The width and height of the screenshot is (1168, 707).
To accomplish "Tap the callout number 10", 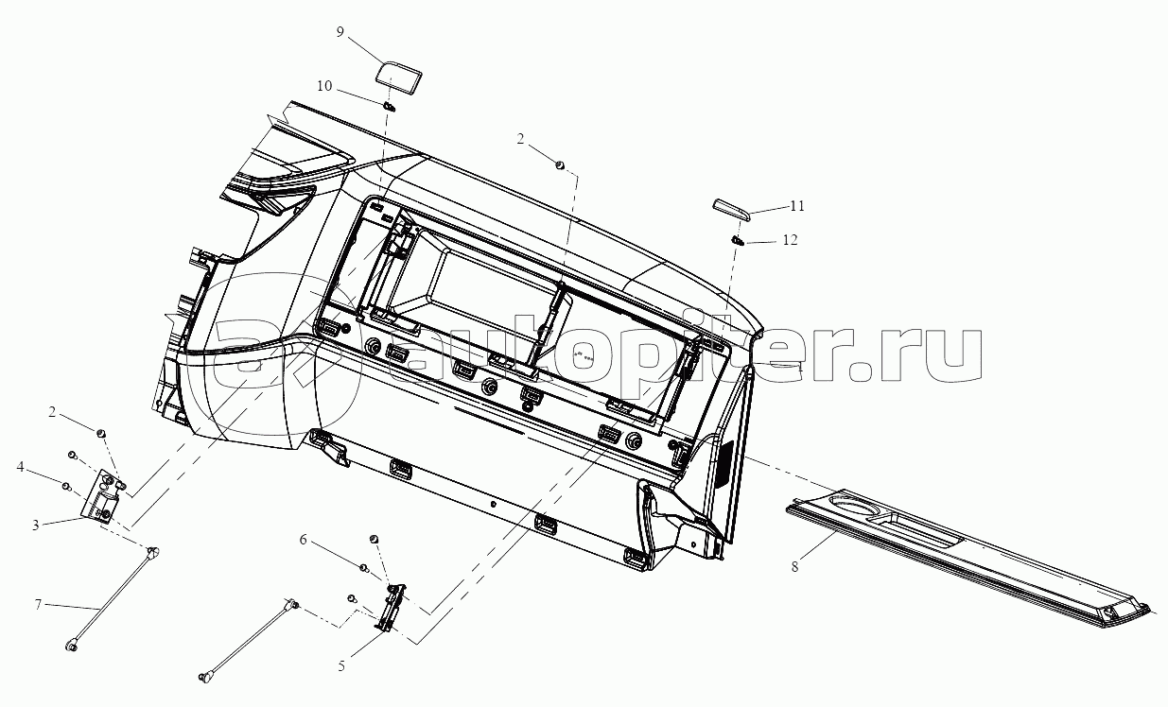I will pos(324,86).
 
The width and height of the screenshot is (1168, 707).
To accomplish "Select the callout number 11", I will pos(797,205).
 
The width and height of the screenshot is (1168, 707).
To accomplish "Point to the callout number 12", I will pos(790,241).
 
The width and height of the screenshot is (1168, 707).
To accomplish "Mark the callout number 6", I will pos(304,540).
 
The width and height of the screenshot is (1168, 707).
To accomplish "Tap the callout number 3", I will pos(35,524).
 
